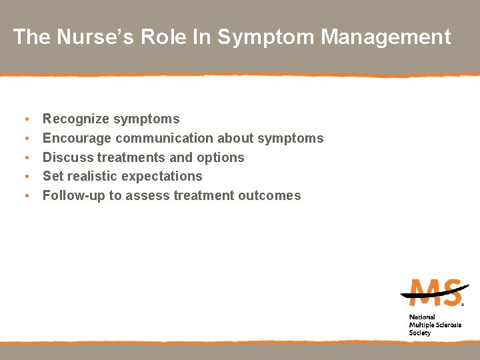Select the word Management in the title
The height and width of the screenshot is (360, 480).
(386, 37)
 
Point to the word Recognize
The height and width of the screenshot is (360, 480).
(76, 119)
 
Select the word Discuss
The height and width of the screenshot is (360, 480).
(68, 158)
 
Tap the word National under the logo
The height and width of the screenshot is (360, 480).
(422, 317)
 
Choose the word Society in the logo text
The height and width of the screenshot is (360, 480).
(420, 333)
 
